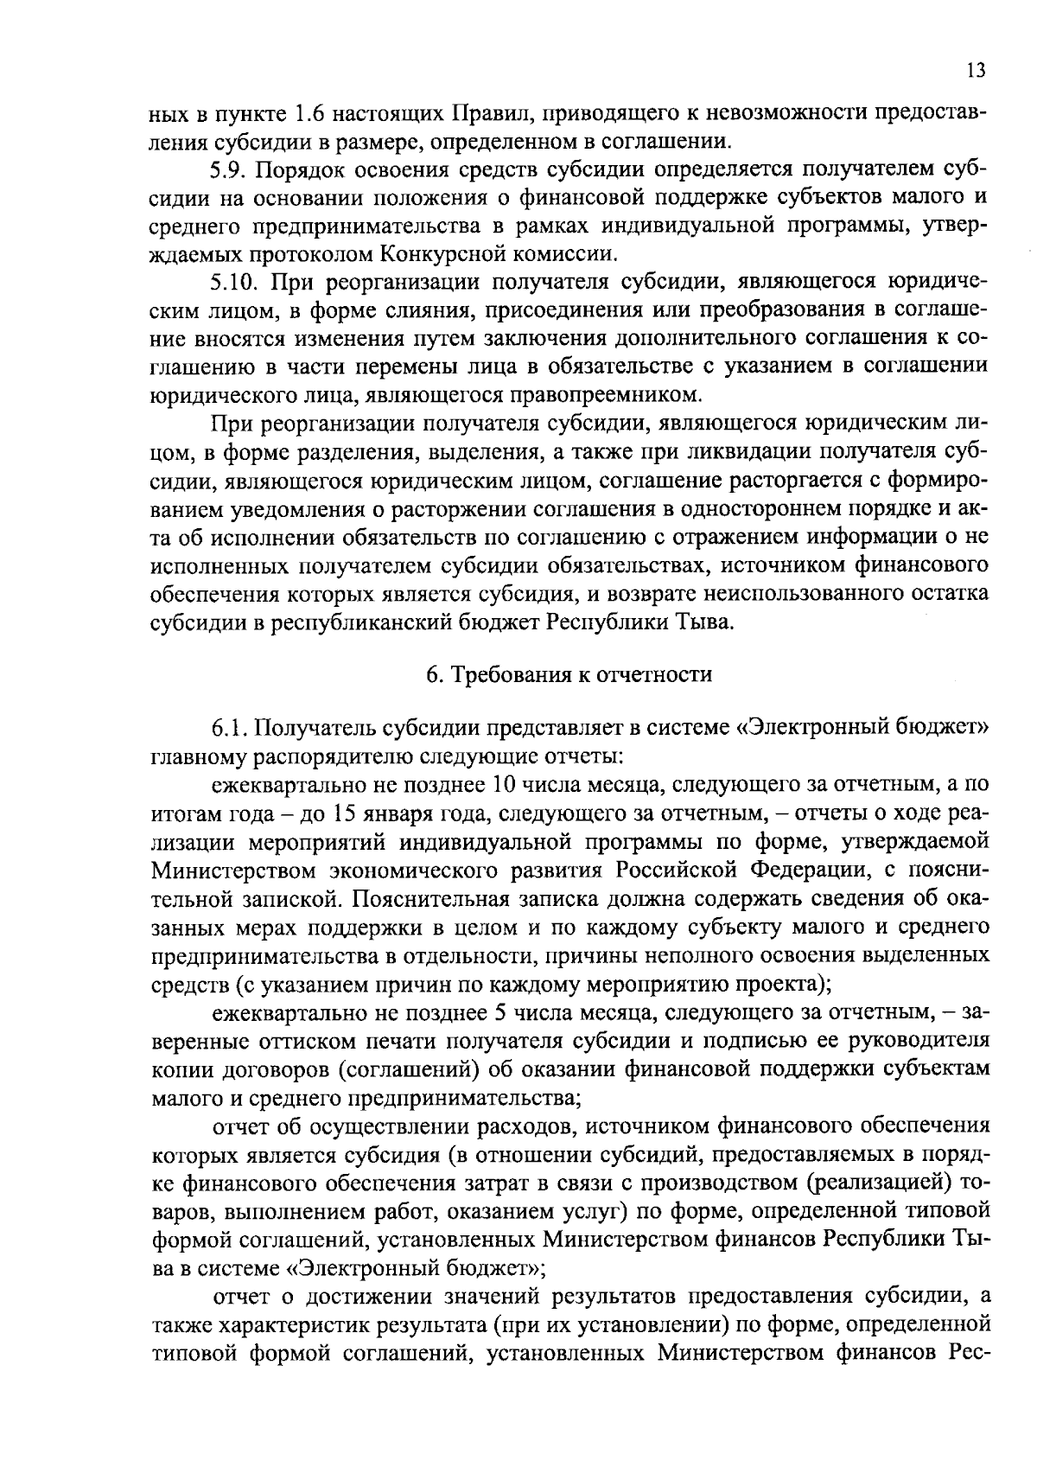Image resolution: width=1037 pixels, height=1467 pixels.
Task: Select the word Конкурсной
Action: tap(454, 254)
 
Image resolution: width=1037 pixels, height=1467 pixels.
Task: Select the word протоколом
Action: tap(306, 254)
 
